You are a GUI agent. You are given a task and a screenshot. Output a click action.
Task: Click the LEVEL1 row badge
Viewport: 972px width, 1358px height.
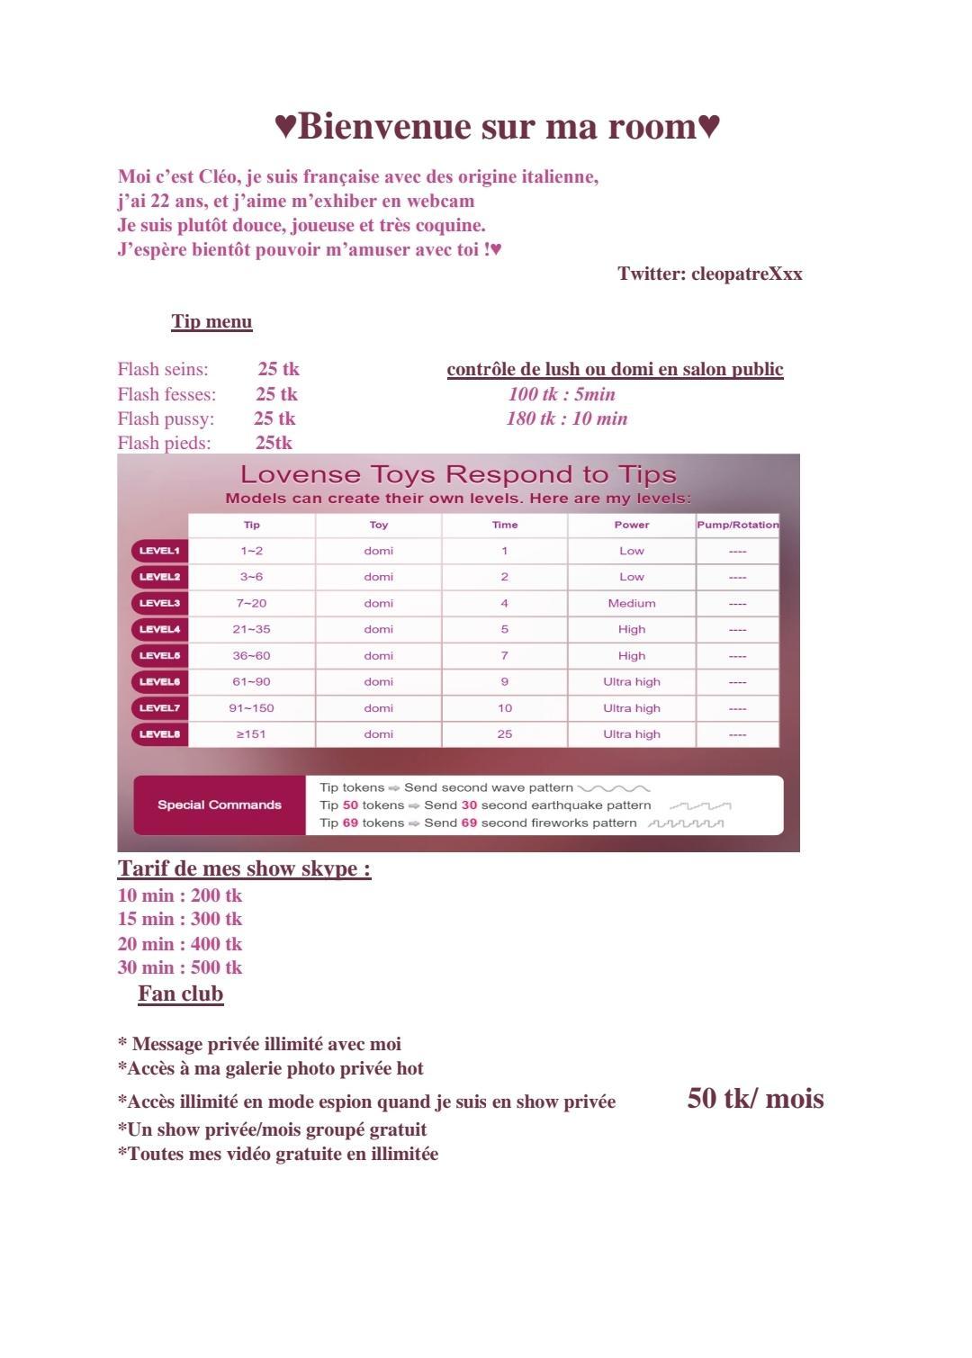[159, 551]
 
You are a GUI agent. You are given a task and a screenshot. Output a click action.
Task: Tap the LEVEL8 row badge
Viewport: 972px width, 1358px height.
[159, 734]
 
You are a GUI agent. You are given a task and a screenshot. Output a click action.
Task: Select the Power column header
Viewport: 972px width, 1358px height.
[632, 525]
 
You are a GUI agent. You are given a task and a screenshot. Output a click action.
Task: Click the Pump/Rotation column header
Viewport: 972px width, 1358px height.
[737, 525]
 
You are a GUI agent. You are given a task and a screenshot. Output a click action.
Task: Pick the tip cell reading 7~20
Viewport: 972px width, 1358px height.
[251, 603]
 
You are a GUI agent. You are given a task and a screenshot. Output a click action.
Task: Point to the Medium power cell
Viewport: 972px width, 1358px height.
[632, 603]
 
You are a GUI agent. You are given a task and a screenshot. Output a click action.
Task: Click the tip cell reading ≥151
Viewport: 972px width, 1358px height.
[251, 734]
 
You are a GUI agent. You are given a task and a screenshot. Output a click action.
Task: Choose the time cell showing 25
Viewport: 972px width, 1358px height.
[505, 734]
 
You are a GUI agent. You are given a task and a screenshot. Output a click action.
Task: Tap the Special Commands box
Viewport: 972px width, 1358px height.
[220, 805]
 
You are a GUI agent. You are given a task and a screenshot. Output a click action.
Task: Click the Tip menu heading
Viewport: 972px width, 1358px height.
[211, 321]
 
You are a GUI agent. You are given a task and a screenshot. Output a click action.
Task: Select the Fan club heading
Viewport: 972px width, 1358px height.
[180, 994]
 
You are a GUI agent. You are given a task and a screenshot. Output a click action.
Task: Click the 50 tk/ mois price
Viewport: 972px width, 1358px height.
[755, 1099]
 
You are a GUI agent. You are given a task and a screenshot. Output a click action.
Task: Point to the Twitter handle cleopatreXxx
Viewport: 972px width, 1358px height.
[747, 274]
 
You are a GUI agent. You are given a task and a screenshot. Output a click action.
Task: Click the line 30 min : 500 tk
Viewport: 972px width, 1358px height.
[180, 967]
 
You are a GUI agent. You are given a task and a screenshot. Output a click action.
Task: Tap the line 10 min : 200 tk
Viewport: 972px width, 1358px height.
[180, 895]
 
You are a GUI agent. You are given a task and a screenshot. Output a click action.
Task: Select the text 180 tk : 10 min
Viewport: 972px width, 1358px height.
[567, 418]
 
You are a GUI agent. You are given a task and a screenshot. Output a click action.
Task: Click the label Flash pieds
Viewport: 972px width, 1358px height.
[164, 443]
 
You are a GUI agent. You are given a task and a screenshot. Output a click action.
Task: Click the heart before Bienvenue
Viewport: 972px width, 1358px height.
[284, 127]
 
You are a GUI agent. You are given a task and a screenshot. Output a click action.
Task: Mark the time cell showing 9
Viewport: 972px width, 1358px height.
[505, 682]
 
